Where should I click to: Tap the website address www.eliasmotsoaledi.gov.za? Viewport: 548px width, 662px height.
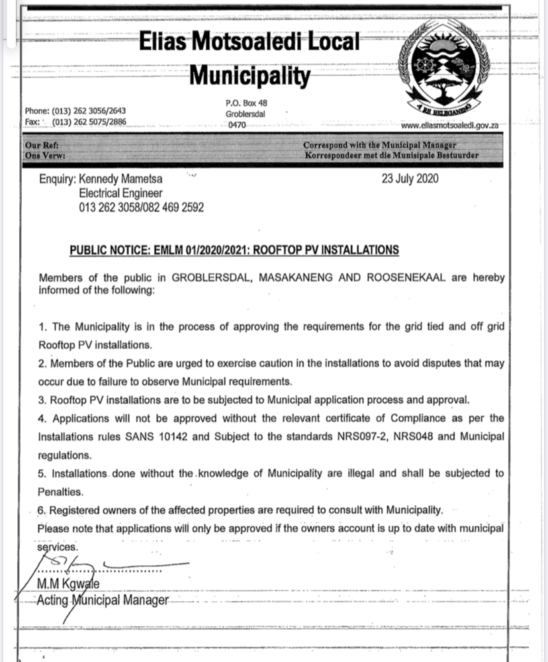click(x=449, y=125)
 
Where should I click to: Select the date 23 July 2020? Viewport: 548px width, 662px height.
click(x=410, y=179)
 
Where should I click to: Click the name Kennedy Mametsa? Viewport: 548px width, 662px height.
click(x=120, y=179)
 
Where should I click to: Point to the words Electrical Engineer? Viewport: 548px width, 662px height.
click(x=120, y=193)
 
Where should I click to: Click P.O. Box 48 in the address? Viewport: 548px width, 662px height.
click(x=246, y=103)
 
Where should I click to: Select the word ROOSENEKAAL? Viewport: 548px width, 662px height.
click(x=407, y=279)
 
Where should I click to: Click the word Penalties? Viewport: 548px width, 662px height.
click(x=60, y=493)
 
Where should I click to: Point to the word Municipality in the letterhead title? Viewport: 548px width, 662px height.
click(x=250, y=75)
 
